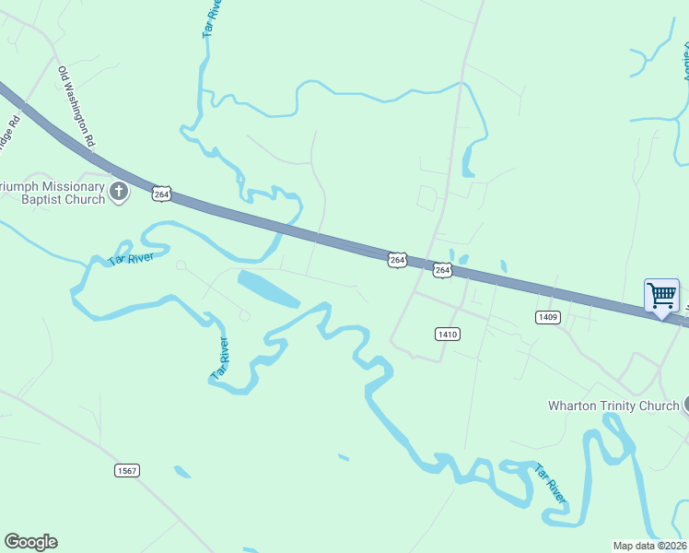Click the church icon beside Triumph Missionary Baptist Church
click(118, 192)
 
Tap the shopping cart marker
click(661, 297)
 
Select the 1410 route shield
click(447, 334)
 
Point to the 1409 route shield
click(547, 316)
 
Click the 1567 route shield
click(127, 470)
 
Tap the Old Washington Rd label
click(77, 108)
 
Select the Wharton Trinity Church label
click(613, 406)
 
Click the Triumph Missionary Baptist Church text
click(52, 192)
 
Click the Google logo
click(30, 542)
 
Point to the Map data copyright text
click(650, 546)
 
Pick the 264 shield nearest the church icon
click(162, 194)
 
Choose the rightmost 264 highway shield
click(443, 269)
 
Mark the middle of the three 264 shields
click(397, 261)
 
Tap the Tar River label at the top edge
click(212, 18)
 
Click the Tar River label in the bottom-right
click(549, 483)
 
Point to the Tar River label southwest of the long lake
click(220, 359)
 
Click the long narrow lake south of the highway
click(268, 288)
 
